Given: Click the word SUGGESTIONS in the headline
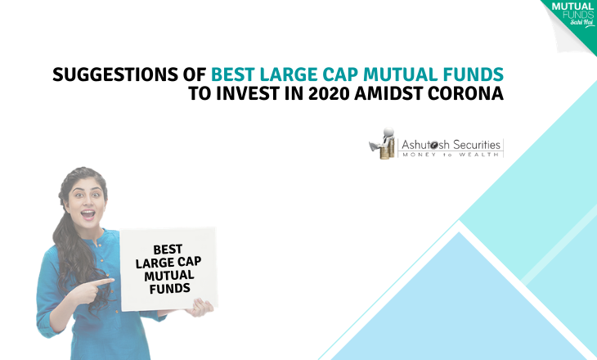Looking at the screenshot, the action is (115, 74).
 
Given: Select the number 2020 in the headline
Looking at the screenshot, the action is (329, 93).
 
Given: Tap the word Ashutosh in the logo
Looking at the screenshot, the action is (425, 145).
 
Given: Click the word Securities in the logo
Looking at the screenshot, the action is (477, 145).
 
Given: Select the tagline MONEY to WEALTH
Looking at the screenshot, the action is (451, 155).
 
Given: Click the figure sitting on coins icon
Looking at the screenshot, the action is (382, 143).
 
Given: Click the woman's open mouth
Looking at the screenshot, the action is (88, 214).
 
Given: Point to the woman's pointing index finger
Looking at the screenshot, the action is (103, 282).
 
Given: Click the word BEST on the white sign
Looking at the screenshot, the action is (168, 250).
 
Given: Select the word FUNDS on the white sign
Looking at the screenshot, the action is (170, 288).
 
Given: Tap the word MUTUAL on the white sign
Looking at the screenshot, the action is (169, 276).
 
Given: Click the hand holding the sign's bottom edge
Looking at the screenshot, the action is (199, 307).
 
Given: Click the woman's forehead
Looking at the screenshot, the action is (85, 186).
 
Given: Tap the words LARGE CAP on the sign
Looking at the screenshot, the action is (168, 263).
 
